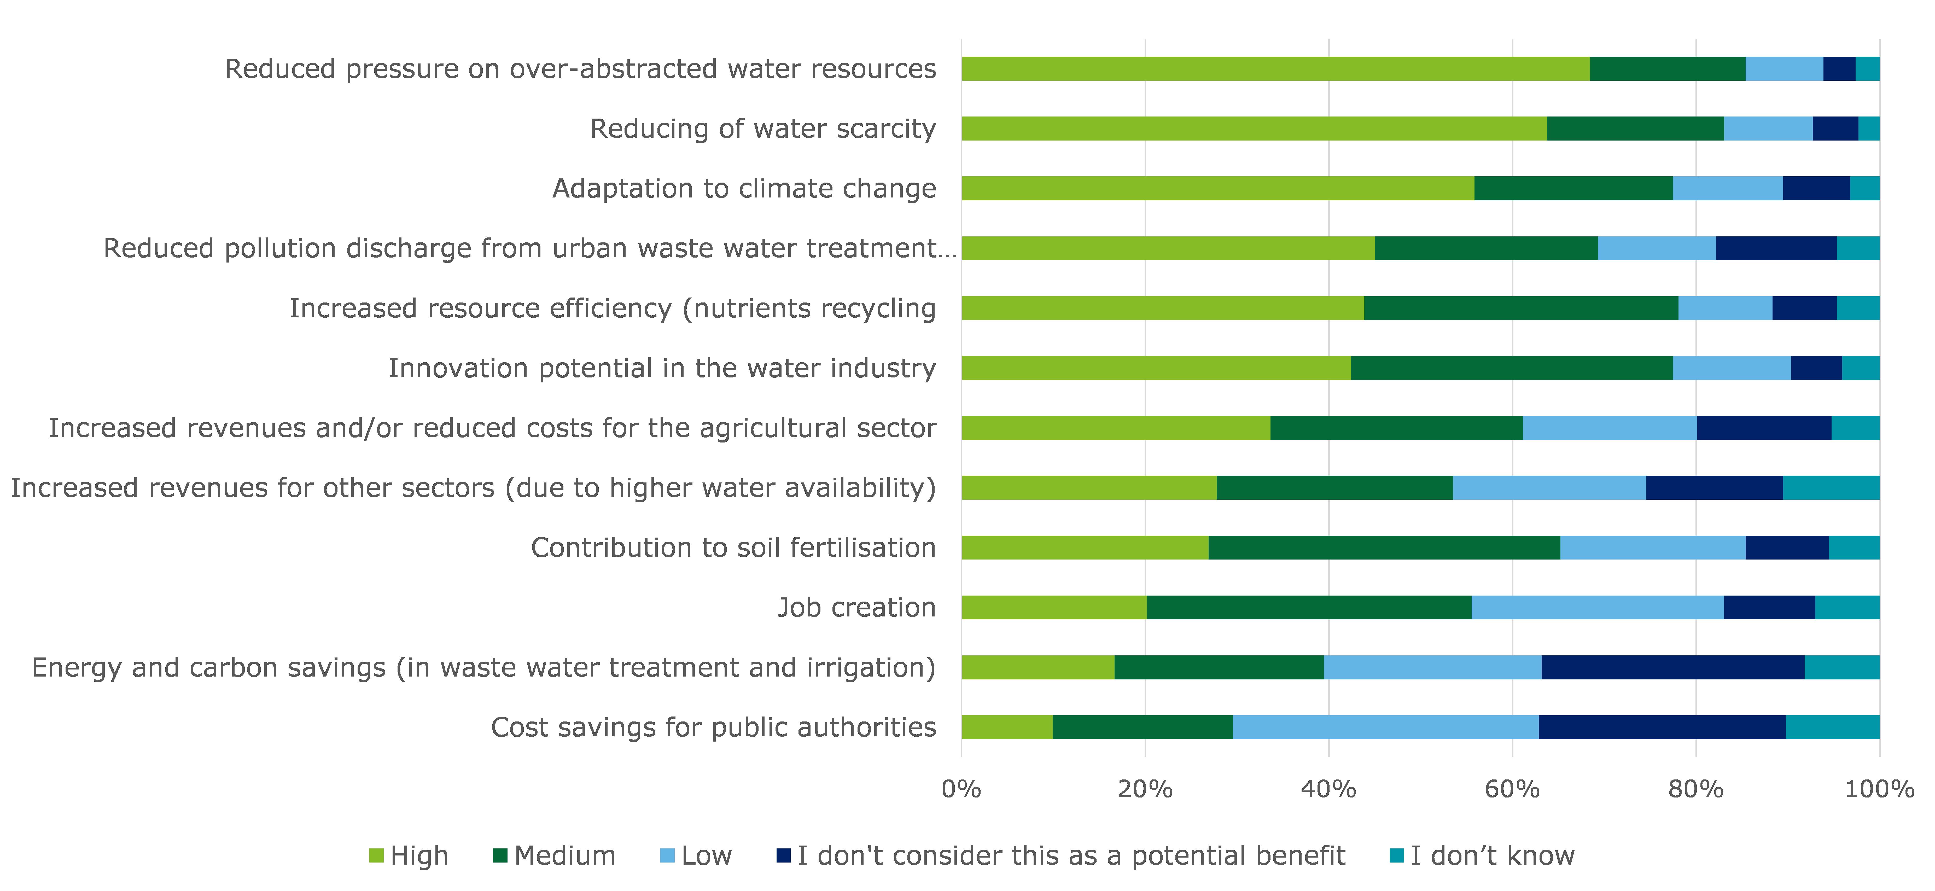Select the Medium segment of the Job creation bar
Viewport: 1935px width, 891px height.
(x=1309, y=607)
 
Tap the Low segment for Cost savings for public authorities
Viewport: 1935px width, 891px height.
(x=1385, y=727)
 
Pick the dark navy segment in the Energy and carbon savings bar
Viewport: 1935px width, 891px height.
(x=1673, y=667)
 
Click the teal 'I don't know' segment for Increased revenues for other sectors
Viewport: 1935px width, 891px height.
(x=1831, y=488)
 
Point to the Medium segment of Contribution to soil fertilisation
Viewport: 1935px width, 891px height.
(x=1384, y=548)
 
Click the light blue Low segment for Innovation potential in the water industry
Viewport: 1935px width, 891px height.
(x=1732, y=368)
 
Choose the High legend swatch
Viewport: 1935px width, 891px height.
(x=376, y=856)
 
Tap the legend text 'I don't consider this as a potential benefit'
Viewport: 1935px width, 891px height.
(x=1070, y=856)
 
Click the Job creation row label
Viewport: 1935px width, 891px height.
(x=856, y=607)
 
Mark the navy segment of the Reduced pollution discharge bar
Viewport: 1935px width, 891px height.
(x=1776, y=248)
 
